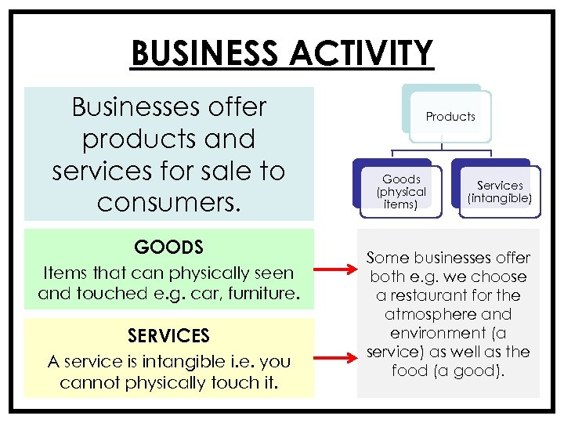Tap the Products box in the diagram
pos(450,117)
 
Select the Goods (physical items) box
pos(401,191)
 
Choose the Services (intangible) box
pos(499,192)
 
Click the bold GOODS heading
pos(168,248)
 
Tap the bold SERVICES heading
pos(168,336)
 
